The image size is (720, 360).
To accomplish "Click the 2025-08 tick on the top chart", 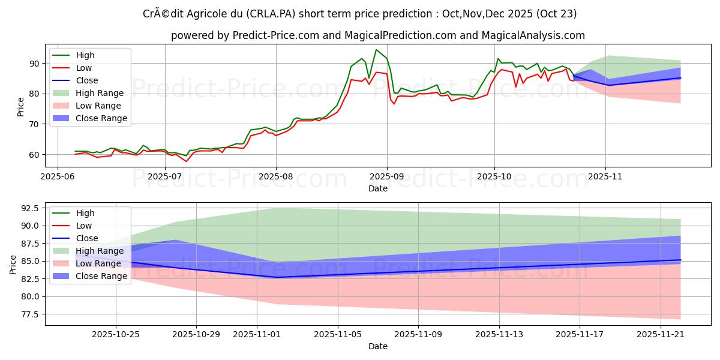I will pyautogui.click(x=276, y=177).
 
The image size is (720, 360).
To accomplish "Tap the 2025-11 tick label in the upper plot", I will pyautogui.click(x=605, y=177).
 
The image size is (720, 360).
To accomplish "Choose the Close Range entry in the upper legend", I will pyautogui.click(x=101, y=118).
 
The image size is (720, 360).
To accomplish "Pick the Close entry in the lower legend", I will pyautogui.click(x=86, y=238).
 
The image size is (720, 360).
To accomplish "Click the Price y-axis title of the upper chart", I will pyautogui.click(x=21, y=107).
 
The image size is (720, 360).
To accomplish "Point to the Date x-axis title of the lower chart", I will pyautogui.click(x=378, y=346).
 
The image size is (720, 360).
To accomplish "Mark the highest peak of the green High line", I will pyautogui.click(x=376, y=50).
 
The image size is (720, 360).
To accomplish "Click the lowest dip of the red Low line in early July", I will pyautogui.click(x=186, y=161).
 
